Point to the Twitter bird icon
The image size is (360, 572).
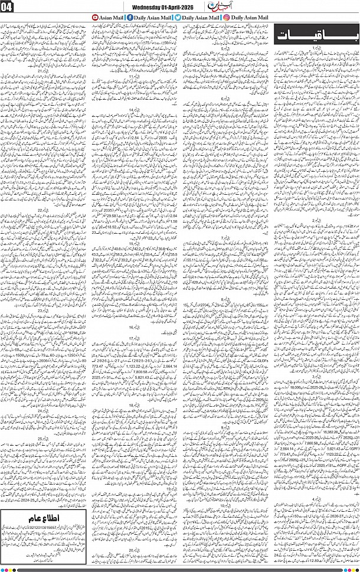pos(178,18)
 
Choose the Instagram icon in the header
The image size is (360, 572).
pos(227,18)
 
